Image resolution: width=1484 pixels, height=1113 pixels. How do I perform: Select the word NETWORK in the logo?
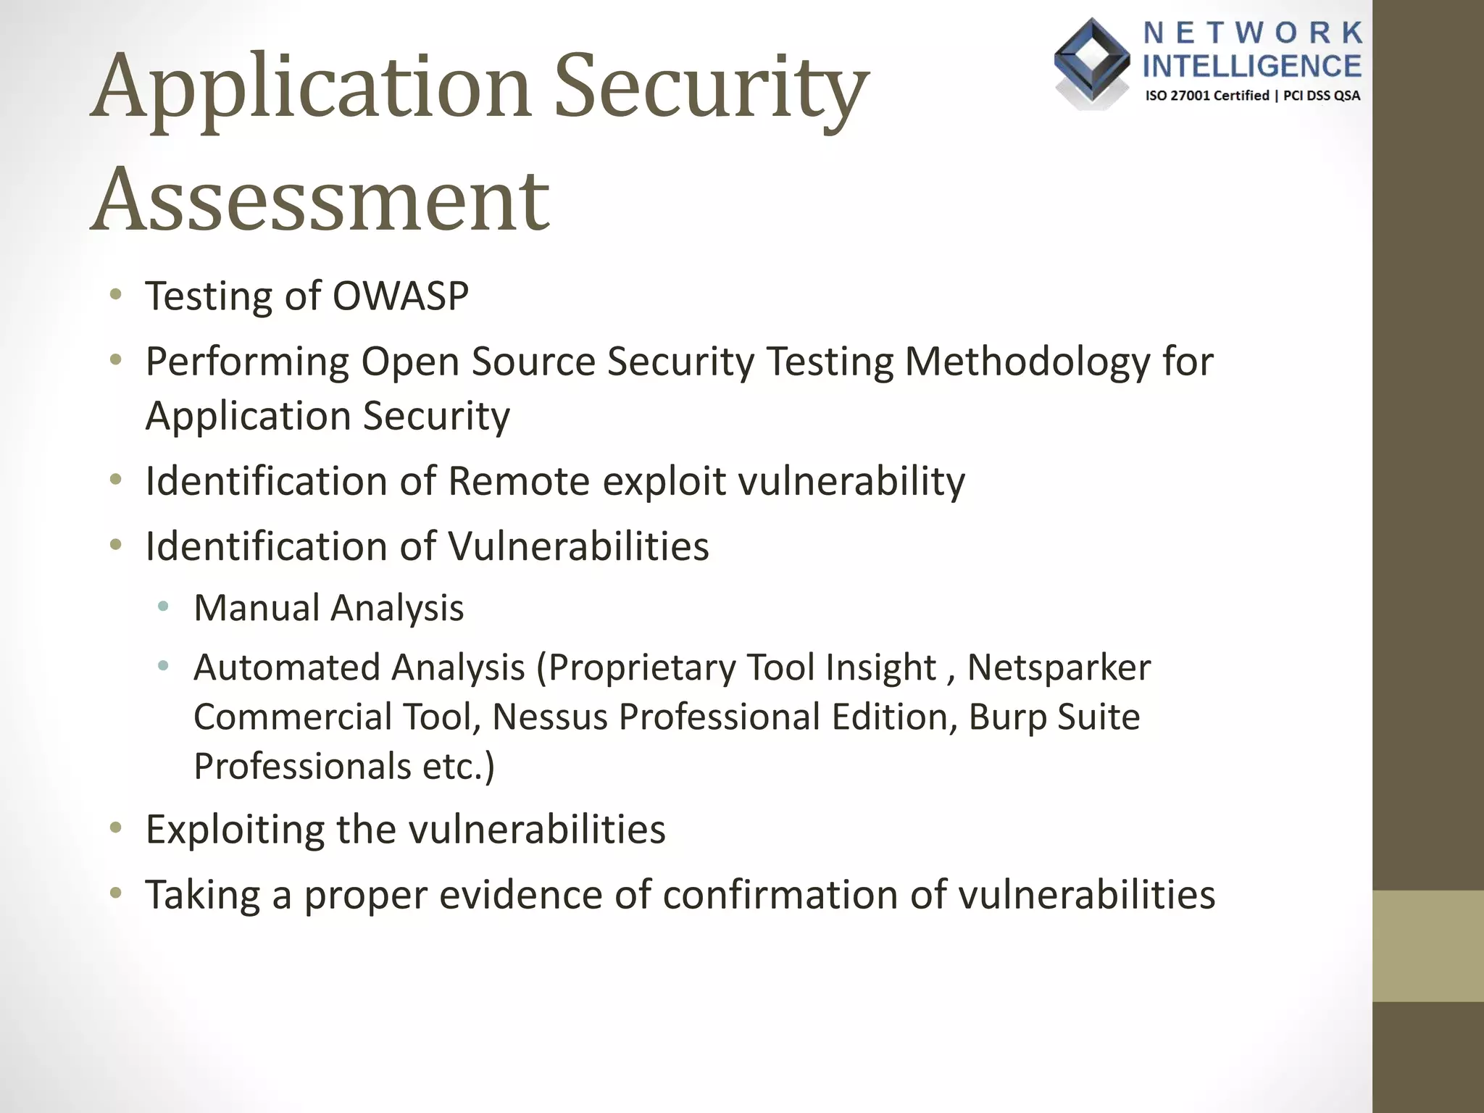pos(1253,33)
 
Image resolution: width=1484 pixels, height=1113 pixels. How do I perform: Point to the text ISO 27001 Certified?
pos(1206,96)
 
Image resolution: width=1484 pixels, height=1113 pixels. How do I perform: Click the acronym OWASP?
pos(401,296)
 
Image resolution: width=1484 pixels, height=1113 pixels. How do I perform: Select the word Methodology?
pos(1027,361)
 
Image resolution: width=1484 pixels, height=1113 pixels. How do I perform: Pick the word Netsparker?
pos(1059,667)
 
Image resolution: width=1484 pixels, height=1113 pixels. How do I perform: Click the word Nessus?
pos(549,716)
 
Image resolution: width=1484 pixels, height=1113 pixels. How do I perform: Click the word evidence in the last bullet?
pos(521,894)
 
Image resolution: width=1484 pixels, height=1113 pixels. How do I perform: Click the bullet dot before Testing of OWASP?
pos(116,295)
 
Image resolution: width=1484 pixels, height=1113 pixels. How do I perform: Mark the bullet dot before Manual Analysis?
pos(164,606)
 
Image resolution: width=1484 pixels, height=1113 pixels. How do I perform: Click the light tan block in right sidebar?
pos(1427,946)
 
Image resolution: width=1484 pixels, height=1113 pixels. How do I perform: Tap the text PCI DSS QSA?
pos(1322,96)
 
